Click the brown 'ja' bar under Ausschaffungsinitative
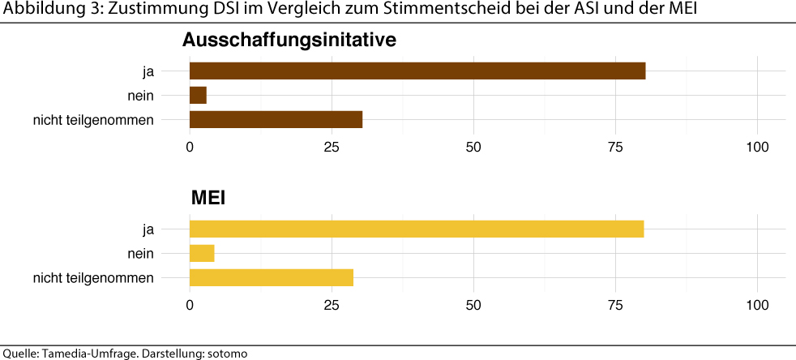417,71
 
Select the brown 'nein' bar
198,95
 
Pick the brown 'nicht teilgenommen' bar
276,119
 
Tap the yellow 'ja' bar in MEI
417,229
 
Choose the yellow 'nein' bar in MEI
202,253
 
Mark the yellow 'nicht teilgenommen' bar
272,277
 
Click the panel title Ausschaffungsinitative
289,40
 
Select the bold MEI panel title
208,198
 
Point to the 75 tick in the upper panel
615,148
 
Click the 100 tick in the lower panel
757,306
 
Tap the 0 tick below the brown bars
190,148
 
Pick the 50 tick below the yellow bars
473,306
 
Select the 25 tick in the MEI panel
332,306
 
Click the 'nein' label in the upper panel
140,95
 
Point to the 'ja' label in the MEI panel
147,229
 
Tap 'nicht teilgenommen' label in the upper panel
93,120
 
